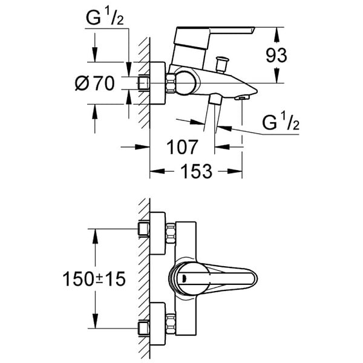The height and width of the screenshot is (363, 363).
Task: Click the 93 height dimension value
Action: (276, 56)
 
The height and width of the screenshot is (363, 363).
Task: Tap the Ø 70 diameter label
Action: (95, 83)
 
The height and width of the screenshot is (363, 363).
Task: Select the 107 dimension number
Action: (182, 147)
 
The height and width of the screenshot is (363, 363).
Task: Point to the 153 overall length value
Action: (196, 171)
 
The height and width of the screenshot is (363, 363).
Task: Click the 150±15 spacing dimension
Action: (94, 279)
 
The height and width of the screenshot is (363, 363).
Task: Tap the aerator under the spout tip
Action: (242, 97)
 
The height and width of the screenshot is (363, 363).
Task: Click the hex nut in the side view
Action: (171, 83)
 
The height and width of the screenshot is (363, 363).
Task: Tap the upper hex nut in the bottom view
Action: (171, 233)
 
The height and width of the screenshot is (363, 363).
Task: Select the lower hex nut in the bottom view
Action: (171, 324)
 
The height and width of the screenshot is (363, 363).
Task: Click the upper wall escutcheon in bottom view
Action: (158, 233)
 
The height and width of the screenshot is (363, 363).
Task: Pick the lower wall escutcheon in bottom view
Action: (158, 324)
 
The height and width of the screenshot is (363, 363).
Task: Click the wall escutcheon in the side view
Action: (158, 83)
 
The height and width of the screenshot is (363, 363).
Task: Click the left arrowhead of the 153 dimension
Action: (157, 171)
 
